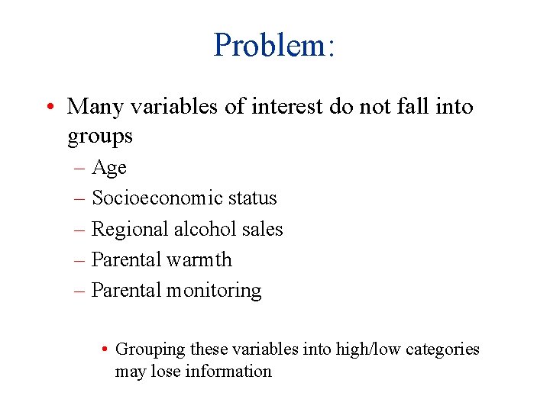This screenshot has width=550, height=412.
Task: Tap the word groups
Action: coord(100,137)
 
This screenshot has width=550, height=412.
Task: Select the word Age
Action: coord(109,168)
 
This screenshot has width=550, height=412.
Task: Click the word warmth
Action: coord(199,259)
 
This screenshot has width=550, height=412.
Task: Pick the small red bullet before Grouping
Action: coord(104,349)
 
